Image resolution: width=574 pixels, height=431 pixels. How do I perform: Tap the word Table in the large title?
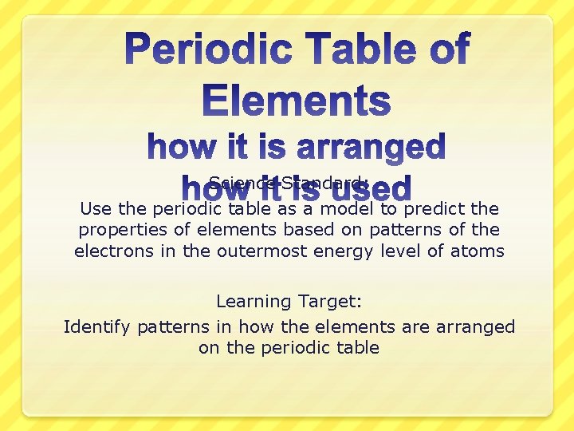coord(360,49)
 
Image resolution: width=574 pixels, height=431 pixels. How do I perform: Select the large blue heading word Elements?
coord(297,101)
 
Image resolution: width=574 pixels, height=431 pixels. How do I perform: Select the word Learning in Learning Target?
coord(254,302)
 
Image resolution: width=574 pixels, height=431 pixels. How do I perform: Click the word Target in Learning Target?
coord(330,302)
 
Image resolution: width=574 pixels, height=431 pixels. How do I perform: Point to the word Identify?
coord(97,327)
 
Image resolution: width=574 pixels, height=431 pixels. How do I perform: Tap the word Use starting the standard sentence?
coord(93,209)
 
